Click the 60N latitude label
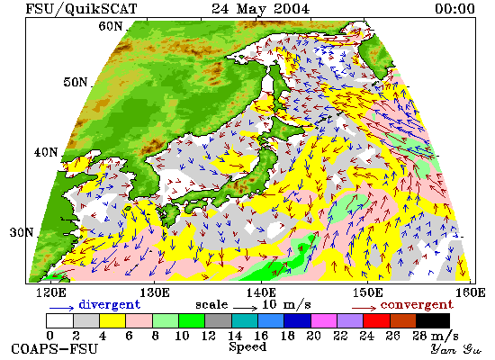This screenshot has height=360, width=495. tap(111, 26)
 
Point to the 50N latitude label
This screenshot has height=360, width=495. tap(76, 82)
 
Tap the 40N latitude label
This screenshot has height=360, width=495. tap(46, 152)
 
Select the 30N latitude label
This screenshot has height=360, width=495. tap(22, 232)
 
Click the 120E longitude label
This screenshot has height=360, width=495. tap(51, 292)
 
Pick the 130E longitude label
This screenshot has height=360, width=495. tap(155, 292)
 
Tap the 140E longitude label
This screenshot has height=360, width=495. tap(261, 292)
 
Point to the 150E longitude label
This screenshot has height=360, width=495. tap(367, 292)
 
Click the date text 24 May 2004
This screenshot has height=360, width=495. tap(260, 9)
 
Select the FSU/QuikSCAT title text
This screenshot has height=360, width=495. tap(81, 9)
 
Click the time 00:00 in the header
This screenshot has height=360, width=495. tap(454, 9)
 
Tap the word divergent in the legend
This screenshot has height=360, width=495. tap(109, 304)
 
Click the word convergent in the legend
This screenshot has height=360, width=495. tap(417, 305)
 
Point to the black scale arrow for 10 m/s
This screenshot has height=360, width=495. tap(246, 307)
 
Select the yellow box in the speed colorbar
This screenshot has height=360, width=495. tap(112, 320)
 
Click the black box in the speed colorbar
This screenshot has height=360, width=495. tap(433, 320)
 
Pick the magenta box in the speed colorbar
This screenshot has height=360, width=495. tap(324, 320)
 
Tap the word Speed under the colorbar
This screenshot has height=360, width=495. tap(247, 347)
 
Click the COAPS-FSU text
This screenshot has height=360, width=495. tap(54, 349)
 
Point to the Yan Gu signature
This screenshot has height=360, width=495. tap(455, 349)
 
